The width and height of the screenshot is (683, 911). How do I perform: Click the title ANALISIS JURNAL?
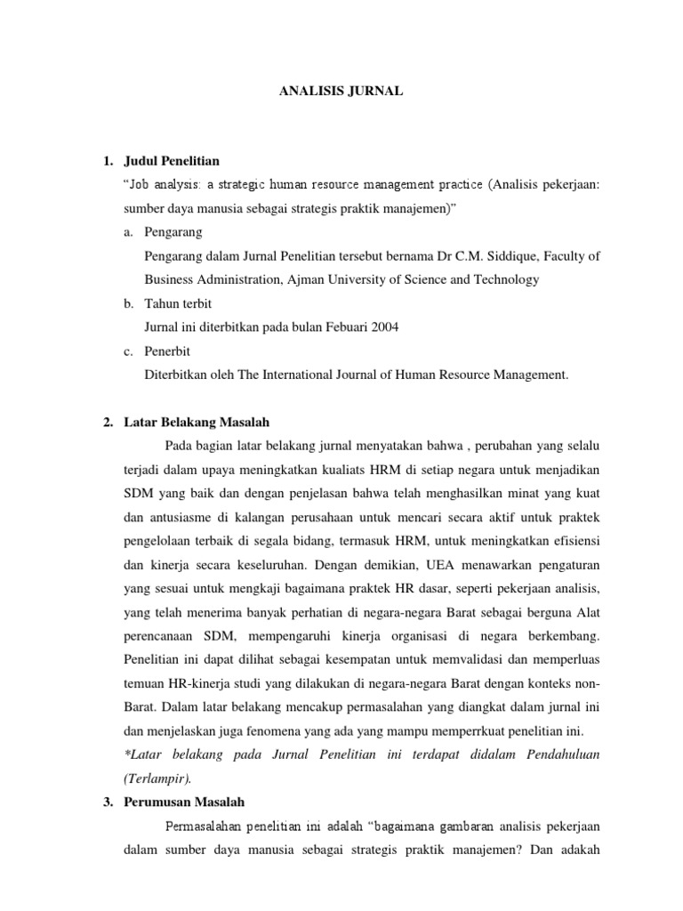click(x=341, y=90)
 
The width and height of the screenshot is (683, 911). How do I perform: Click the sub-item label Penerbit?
click(x=167, y=351)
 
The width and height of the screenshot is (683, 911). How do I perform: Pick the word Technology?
click(x=508, y=279)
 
